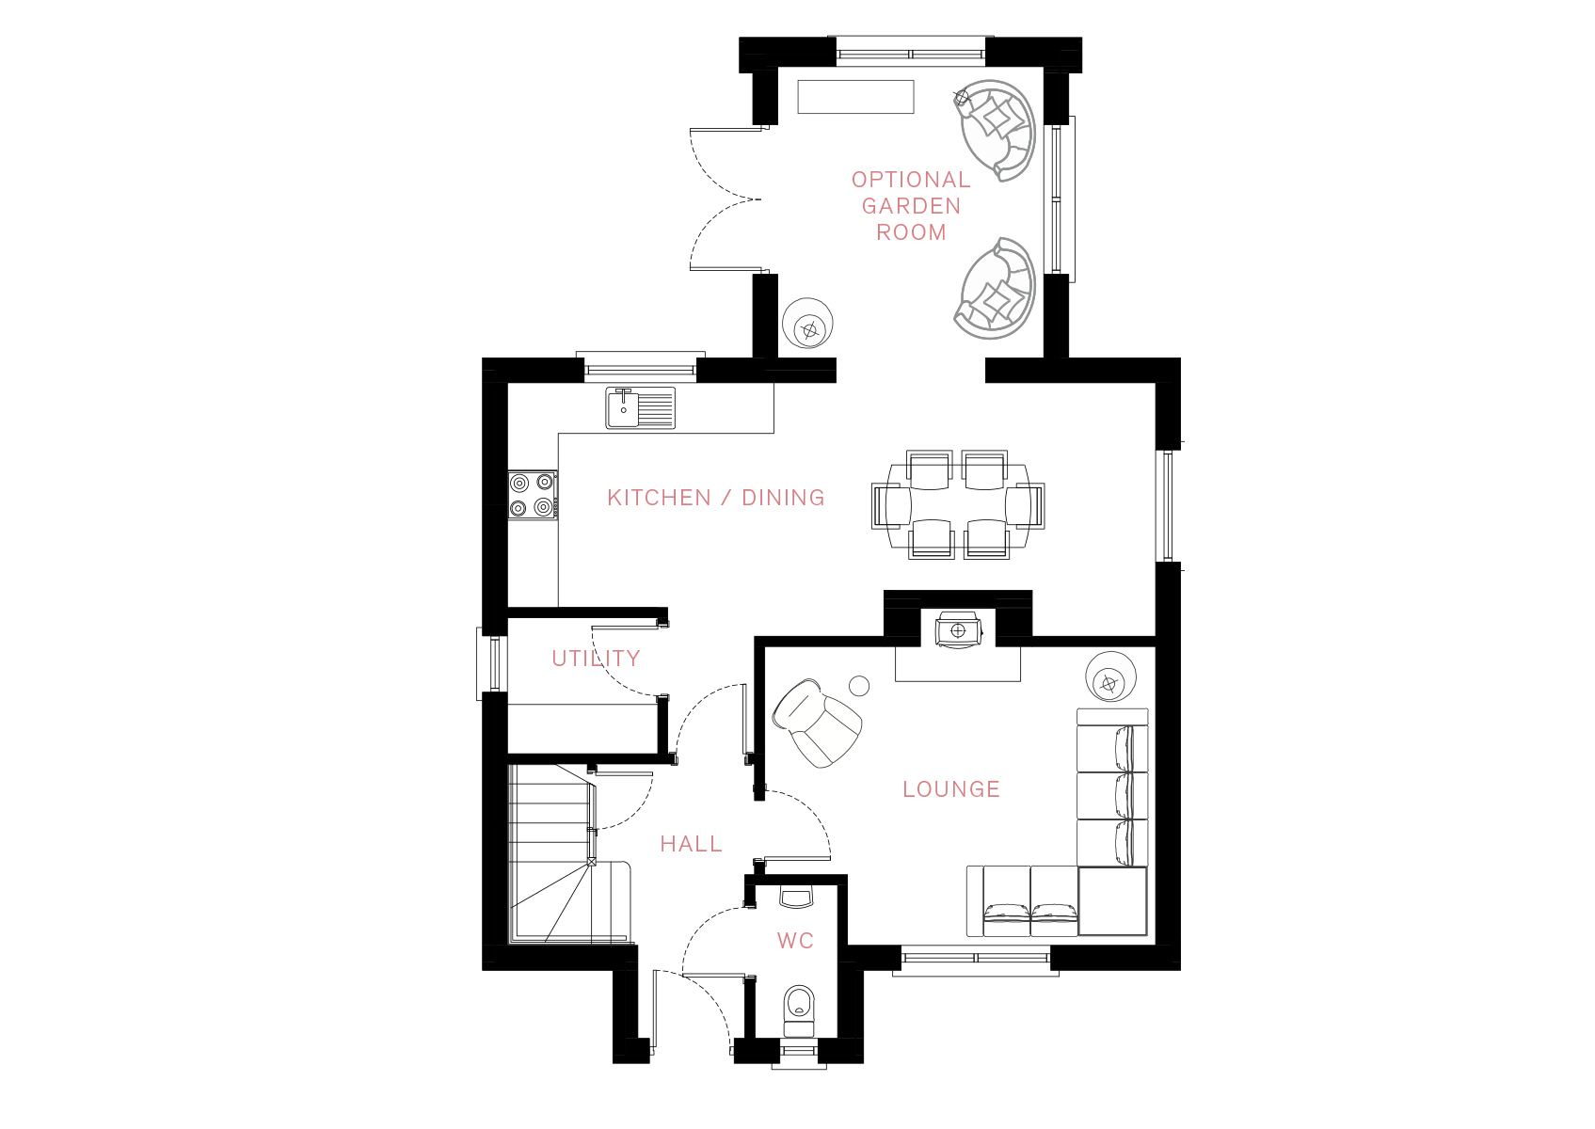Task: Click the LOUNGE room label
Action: [951, 789]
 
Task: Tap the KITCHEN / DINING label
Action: [715, 498]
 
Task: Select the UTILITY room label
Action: [596, 659]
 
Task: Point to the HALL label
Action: [691, 844]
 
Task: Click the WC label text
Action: [795, 941]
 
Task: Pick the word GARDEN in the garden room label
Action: [912, 206]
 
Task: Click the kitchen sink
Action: [640, 408]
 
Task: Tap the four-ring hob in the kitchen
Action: [533, 495]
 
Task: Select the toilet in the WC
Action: [799, 1010]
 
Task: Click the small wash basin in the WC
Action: [796, 897]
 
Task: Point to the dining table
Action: [958, 504]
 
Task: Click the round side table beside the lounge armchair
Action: [859, 686]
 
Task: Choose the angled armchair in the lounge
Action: [817, 723]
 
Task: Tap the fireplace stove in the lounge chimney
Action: [959, 630]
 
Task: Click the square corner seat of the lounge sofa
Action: [1112, 900]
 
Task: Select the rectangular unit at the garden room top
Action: [855, 97]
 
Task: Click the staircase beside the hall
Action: [569, 855]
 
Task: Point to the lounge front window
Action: [976, 958]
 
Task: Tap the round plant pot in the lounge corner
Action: [1110, 677]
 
